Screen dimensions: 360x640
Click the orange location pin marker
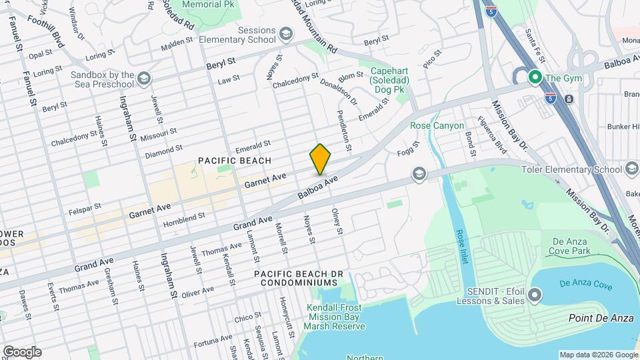[320, 159]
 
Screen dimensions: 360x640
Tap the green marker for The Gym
[534, 78]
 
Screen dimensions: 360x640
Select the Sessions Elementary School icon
[285, 34]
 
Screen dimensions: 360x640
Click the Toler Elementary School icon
[631, 169]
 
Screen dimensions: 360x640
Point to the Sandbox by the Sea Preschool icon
[143, 79]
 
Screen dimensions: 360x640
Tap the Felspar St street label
[85, 210]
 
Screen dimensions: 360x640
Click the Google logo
[21, 351]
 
